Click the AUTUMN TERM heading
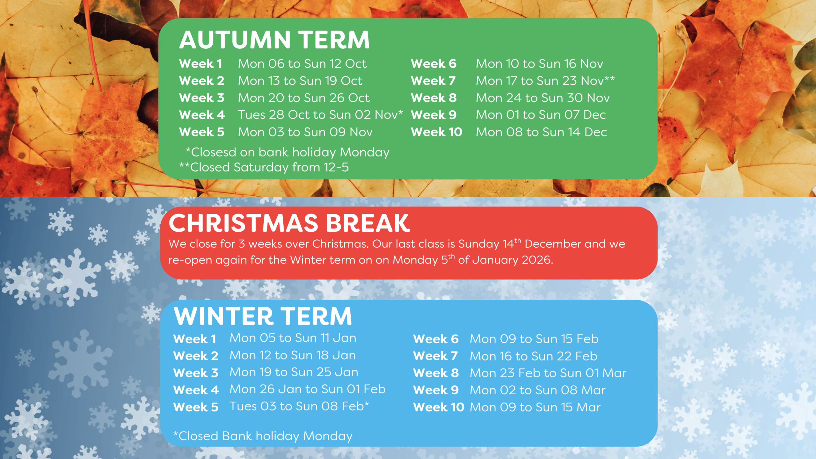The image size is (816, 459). tap(274, 40)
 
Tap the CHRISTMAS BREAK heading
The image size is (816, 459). tap(289, 223)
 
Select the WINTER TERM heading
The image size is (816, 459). tap(263, 316)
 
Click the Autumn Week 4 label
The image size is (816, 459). tap(202, 115)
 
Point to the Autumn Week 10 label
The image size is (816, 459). tap(437, 132)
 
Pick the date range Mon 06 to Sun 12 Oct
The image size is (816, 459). tap(302, 64)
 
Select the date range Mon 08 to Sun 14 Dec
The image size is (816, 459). tap(541, 132)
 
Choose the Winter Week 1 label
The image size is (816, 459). tap(195, 339)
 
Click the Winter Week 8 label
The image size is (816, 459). tap(436, 373)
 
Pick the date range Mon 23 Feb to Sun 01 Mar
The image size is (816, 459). tap(548, 373)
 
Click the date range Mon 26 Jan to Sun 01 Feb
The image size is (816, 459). tap(308, 390)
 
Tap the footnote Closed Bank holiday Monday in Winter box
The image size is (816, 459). tap(263, 436)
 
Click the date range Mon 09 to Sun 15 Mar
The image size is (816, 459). tap(535, 407)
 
